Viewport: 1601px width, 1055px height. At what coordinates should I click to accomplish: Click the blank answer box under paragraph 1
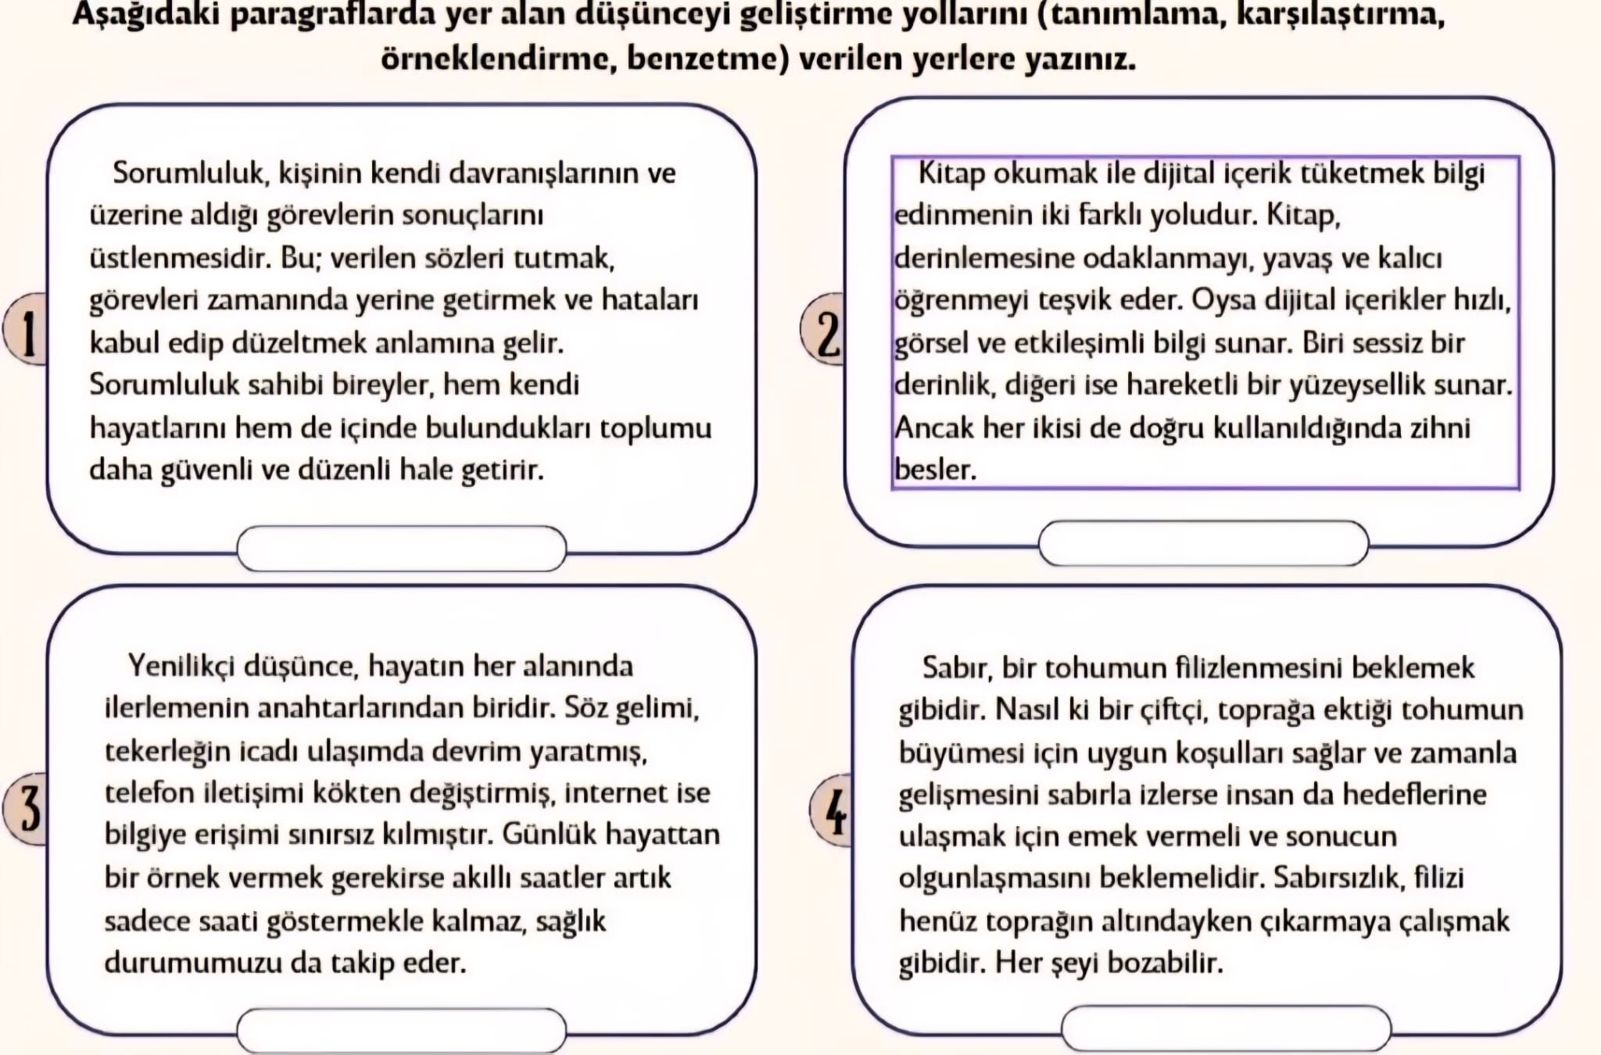click(401, 548)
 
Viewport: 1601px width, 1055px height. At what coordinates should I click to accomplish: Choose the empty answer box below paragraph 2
click(1203, 542)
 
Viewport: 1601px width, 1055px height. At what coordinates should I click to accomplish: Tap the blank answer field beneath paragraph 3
click(401, 1030)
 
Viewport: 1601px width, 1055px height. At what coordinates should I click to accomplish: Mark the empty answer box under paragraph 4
click(1226, 1028)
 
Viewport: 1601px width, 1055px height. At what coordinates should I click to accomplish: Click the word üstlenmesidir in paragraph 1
click(180, 258)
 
